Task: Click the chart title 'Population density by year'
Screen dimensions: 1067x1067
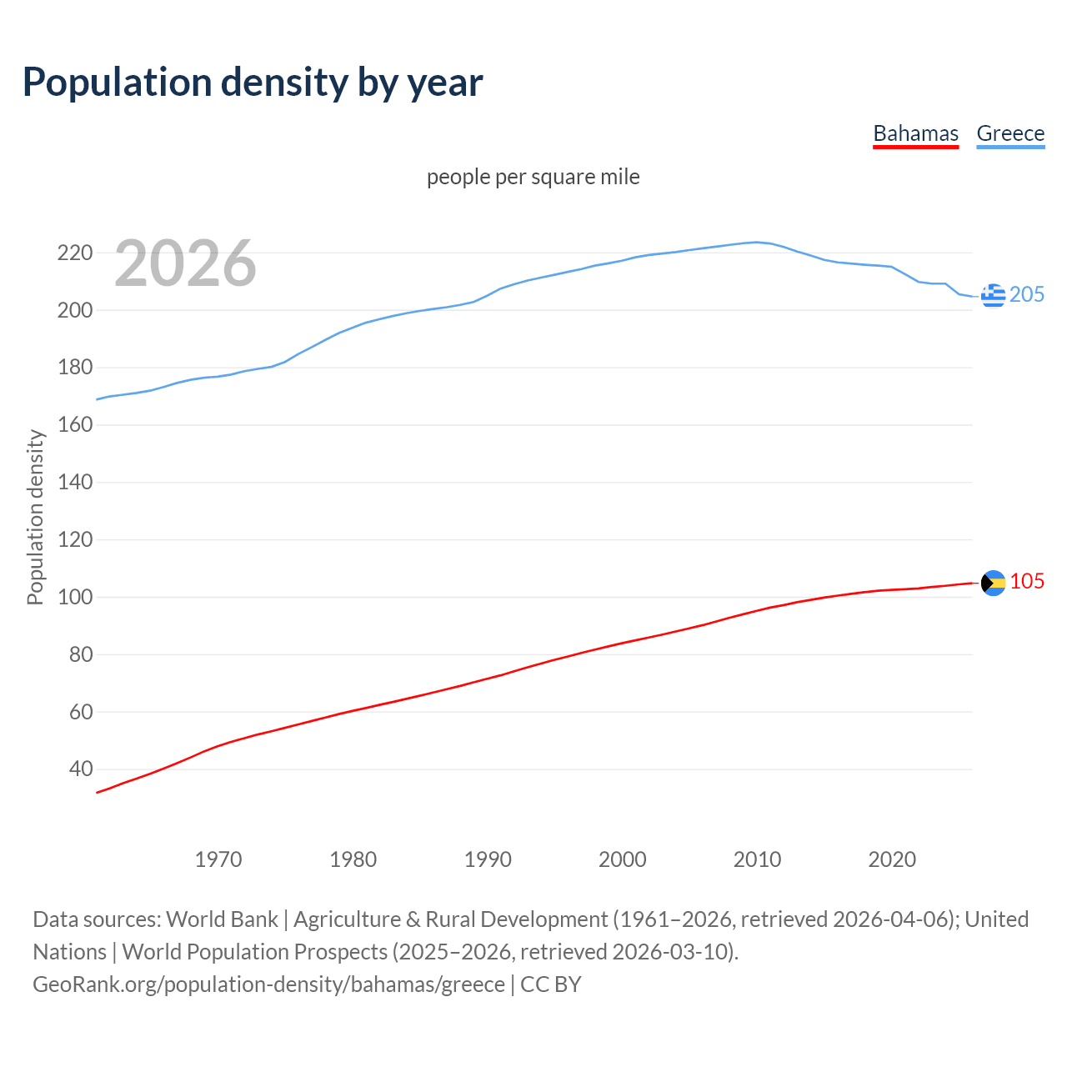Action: click(253, 82)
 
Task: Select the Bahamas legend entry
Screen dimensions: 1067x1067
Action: click(915, 133)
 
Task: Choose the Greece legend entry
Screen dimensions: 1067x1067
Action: click(1010, 133)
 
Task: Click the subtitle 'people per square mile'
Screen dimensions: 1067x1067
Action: click(533, 177)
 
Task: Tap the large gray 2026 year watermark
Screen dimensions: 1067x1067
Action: click(185, 263)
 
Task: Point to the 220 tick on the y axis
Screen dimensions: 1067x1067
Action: click(74, 253)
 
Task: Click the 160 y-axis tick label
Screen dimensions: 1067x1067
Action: click(74, 425)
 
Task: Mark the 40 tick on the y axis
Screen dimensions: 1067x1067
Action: click(80, 769)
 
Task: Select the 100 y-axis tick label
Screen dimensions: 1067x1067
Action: click(74, 597)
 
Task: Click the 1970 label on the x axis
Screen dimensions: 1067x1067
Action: click(218, 859)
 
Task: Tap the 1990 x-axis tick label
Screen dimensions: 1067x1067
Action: click(488, 859)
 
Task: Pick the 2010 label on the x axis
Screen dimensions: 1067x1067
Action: click(757, 859)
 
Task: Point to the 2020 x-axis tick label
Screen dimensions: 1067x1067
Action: click(892, 859)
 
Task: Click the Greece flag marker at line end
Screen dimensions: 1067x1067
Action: click(993, 295)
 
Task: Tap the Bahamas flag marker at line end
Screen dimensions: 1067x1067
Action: click(993, 583)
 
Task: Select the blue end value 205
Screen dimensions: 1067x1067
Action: click(1027, 294)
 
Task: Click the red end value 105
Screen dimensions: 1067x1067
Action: click(1027, 581)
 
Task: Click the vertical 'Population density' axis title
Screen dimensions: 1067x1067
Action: click(35, 517)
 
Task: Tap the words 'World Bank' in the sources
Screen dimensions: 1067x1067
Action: click(222, 919)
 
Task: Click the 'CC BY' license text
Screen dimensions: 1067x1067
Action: click(550, 984)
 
